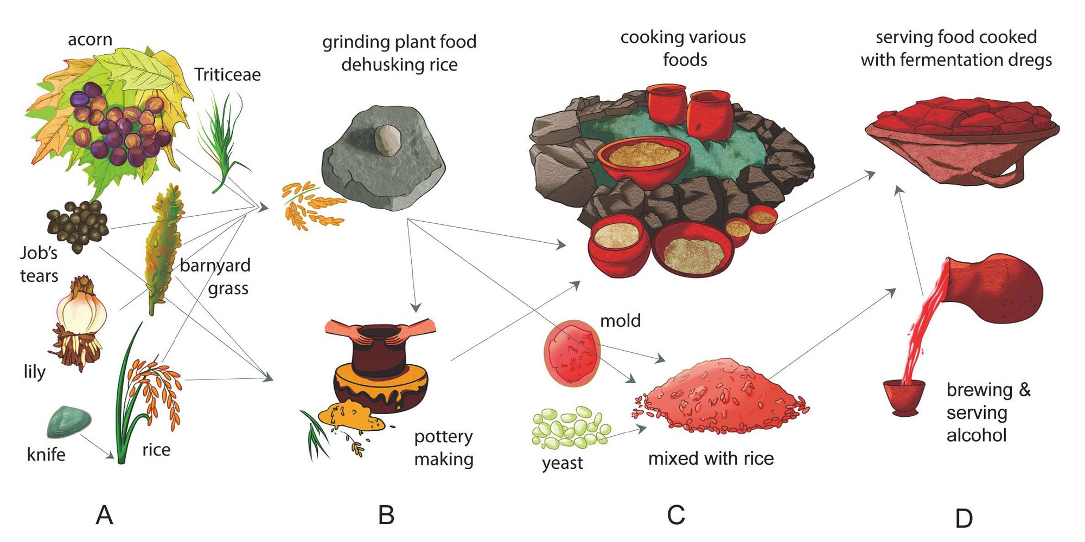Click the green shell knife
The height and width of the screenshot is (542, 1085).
[69, 421]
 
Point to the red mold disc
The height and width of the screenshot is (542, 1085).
[572, 352]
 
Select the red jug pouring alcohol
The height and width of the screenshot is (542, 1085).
[993, 287]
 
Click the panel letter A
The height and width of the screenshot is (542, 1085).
[104, 515]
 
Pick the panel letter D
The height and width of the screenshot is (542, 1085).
[963, 519]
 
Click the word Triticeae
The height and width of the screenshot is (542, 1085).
[227, 75]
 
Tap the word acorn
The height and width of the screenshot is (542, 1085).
[90, 40]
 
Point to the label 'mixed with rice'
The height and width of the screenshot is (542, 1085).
[711, 459]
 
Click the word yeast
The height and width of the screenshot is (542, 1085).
[562, 463]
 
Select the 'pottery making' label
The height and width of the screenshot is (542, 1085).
[444, 448]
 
